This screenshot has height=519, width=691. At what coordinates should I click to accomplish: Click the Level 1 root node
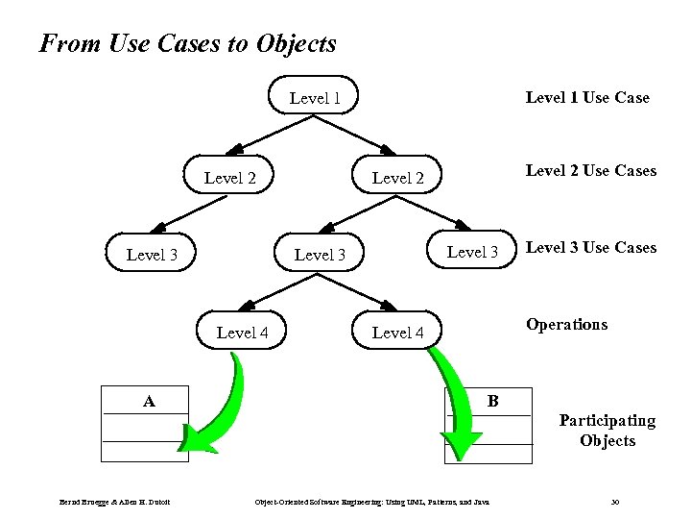point(315,97)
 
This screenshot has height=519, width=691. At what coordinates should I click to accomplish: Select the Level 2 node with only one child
point(230,178)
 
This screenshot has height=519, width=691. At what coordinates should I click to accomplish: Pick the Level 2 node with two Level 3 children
point(397,178)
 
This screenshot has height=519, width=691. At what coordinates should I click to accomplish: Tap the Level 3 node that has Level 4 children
point(320,255)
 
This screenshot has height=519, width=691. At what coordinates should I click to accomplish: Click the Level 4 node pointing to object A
point(242,333)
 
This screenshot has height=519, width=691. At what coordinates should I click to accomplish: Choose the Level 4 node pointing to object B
point(397,333)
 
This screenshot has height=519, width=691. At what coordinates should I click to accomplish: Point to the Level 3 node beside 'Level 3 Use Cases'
point(472,252)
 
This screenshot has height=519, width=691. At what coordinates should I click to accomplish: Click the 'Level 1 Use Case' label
point(586,97)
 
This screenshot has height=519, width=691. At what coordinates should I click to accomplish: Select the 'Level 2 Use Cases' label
point(590,170)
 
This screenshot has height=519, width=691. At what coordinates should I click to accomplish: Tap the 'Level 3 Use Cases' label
point(590,247)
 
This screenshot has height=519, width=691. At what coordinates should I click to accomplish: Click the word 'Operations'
point(565,324)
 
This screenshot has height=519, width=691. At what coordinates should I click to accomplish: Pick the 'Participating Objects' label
point(608,431)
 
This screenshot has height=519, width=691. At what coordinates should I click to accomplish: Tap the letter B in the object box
point(492,399)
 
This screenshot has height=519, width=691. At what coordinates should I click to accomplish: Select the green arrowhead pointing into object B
point(463,443)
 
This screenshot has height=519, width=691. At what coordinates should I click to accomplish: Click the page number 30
point(614,502)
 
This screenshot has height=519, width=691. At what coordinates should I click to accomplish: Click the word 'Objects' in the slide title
point(297,43)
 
